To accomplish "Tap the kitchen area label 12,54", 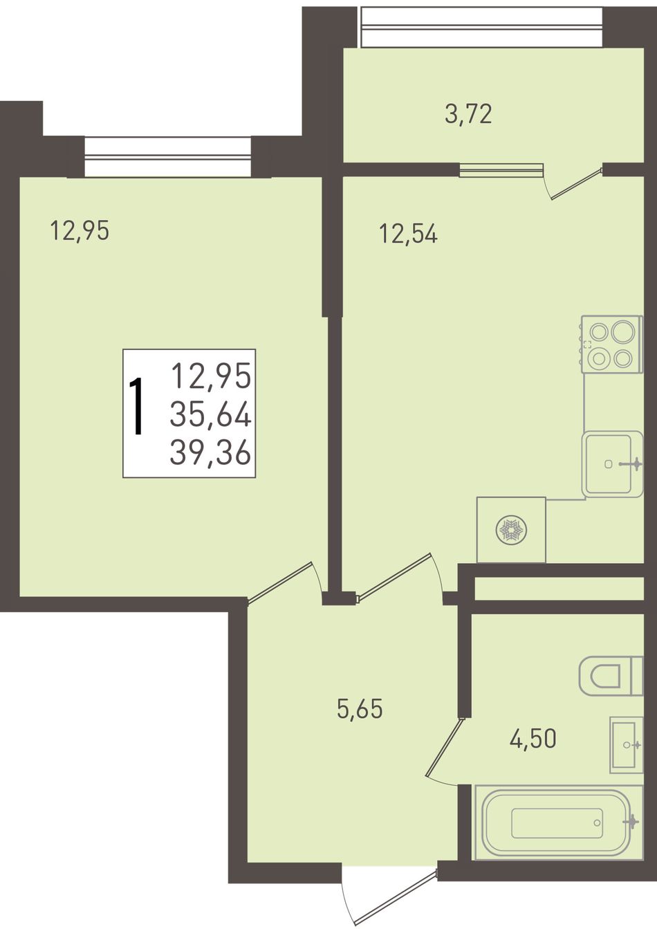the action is point(408,234).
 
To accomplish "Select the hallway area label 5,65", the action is point(360,709).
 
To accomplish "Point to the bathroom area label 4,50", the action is point(533,738).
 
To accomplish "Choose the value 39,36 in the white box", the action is point(210,453).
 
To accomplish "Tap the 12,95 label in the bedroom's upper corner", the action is point(80,230).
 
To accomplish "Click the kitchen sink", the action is point(613,464).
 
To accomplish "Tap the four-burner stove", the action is point(612,344).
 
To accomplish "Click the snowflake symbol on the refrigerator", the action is point(511,531).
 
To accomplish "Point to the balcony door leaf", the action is point(576,183).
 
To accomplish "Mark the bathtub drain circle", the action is point(597,822).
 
